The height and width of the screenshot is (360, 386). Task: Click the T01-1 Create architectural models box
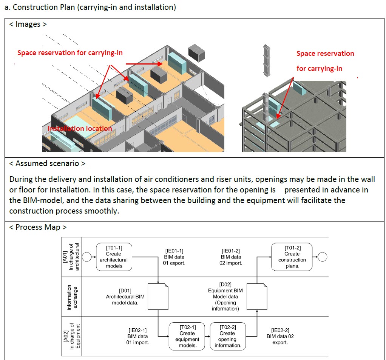[114, 257]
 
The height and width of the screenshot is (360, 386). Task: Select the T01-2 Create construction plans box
[292, 257]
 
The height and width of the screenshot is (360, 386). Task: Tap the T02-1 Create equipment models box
[187, 336]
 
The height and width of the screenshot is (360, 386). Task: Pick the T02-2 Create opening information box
[227, 336]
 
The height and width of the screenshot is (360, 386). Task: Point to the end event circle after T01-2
[322, 257]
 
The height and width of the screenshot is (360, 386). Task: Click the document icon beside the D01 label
[157, 296]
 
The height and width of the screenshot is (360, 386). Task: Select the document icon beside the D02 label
[257, 296]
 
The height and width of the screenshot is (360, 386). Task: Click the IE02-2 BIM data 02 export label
[280, 336]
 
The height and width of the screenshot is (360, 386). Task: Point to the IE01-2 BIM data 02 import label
[231, 257]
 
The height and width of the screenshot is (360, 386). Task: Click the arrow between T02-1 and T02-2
[208, 336]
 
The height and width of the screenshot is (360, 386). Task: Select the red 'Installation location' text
[80, 129]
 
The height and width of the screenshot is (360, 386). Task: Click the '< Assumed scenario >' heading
[47, 163]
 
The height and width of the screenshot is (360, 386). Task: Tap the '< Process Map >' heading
[38, 227]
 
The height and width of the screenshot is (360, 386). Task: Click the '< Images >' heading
[28, 25]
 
